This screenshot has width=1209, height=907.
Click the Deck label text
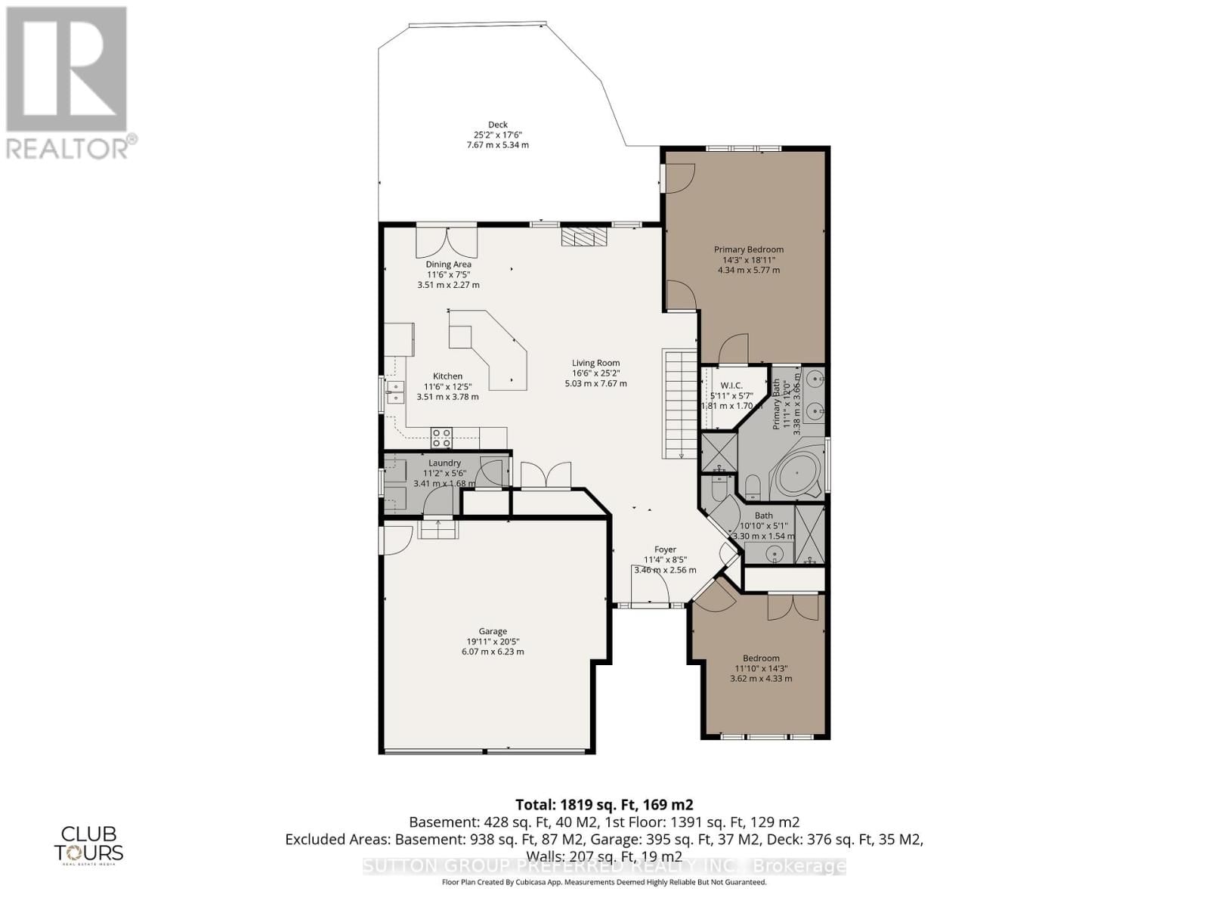click(x=497, y=125)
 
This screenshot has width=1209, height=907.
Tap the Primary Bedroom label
click(x=749, y=249)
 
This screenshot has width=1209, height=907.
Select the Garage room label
click(x=492, y=631)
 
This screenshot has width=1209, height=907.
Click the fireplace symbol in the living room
click(x=584, y=237)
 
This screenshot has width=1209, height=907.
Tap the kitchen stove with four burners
click(x=441, y=437)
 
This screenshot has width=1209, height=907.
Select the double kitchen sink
click(x=395, y=391)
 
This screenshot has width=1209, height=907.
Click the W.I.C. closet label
click(x=731, y=385)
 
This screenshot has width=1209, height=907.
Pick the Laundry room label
click(x=444, y=463)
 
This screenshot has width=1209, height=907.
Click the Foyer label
click(x=665, y=549)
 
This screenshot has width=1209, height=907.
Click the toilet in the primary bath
click(x=753, y=487)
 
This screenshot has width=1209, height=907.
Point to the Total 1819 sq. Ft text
click(x=604, y=804)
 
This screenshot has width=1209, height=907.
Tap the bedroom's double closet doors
click(x=793, y=608)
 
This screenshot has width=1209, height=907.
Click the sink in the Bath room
click(x=774, y=554)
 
